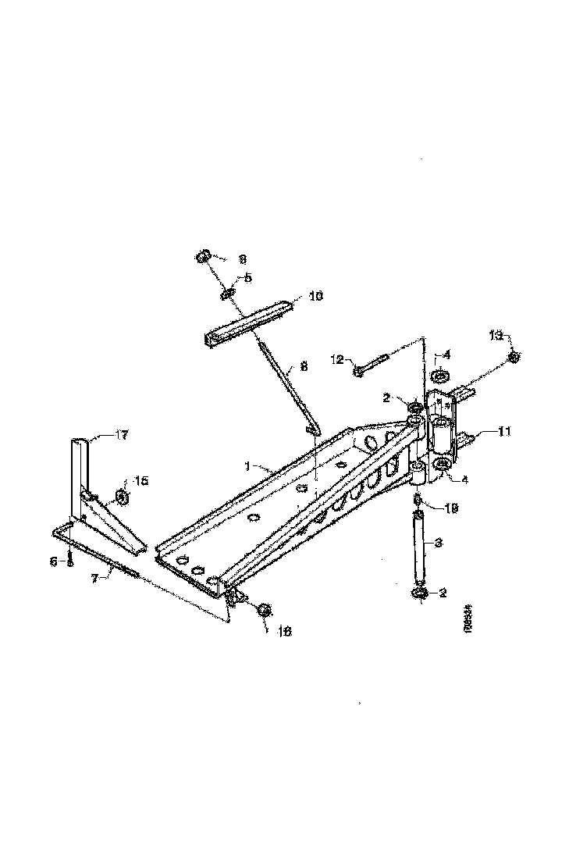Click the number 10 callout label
(x=315, y=297)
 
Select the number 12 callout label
(x=336, y=360)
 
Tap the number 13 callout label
(x=496, y=336)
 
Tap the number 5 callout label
(x=248, y=277)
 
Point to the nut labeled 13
(x=514, y=357)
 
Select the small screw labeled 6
(x=70, y=559)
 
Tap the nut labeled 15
(x=123, y=497)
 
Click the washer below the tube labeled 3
(x=418, y=595)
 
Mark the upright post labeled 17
(x=80, y=476)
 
